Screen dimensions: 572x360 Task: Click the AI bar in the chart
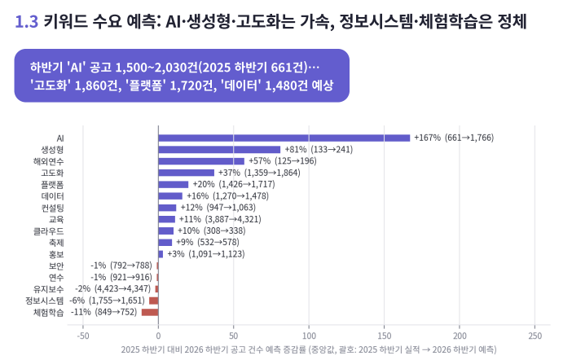[x=284, y=138]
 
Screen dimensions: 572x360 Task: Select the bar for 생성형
[x=219, y=150]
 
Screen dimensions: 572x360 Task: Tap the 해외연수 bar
[x=201, y=161]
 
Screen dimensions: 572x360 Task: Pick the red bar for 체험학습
[x=150, y=312]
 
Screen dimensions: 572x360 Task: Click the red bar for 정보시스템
[x=153, y=301]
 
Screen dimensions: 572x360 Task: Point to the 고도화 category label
[x=52, y=173]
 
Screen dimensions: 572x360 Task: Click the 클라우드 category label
[x=49, y=231]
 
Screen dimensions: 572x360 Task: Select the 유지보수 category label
[x=49, y=289]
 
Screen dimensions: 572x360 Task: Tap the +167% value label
[x=428, y=138]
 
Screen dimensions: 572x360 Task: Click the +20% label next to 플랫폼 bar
[x=204, y=185]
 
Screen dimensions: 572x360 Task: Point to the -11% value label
[x=81, y=312]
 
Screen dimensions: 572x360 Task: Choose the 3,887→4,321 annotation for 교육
[x=233, y=219]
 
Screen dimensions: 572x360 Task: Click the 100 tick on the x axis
[x=309, y=336]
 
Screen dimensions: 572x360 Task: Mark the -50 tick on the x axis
[x=83, y=336]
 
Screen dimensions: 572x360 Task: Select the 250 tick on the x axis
[x=535, y=336]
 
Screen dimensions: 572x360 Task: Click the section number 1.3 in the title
[x=26, y=22]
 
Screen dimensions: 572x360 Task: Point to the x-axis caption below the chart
[x=309, y=349]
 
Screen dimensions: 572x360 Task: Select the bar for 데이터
[x=170, y=196]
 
